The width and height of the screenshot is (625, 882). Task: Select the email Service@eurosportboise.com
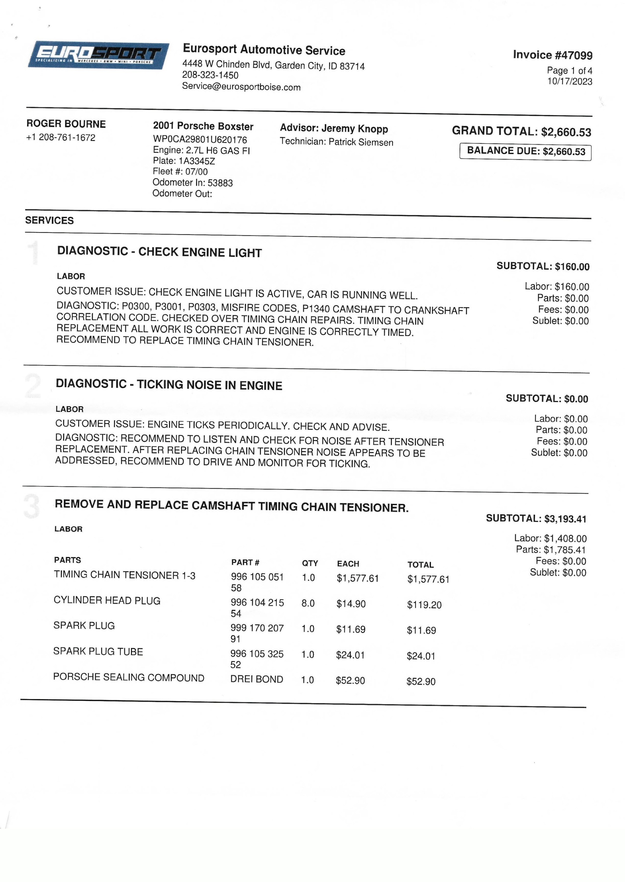pos(241,87)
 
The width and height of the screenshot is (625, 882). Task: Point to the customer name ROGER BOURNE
pos(66,124)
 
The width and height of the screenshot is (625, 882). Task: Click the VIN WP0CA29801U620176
pos(200,140)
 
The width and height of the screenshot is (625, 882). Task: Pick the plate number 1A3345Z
pos(197,161)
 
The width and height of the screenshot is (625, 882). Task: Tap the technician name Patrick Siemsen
pos(361,142)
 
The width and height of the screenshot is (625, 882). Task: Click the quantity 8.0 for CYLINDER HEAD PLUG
pos(308,603)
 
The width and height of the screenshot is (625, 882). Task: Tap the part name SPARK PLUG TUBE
pos(98,651)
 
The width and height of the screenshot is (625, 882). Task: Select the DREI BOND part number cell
pos(257,679)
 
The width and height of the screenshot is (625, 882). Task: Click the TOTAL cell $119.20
pos(424,605)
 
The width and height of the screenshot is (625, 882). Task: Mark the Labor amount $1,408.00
pos(565,539)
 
